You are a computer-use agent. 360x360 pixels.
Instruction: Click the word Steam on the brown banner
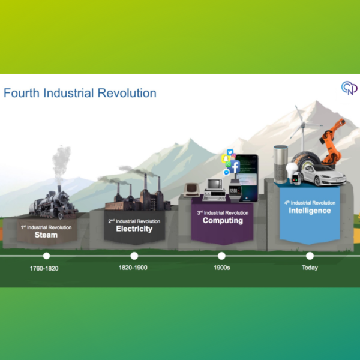pos(46,235)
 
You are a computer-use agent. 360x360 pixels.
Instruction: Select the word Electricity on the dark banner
pos(134,229)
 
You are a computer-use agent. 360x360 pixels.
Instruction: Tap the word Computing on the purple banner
pos(223,220)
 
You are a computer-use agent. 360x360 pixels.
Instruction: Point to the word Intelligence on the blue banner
pos(310,211)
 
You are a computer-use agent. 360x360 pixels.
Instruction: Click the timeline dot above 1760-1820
pos(46,256)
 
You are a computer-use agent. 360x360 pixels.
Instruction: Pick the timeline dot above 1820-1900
pos(134,256)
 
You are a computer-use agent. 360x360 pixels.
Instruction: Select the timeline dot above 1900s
pos(221,256)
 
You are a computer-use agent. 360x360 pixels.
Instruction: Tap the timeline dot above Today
pos(310,256)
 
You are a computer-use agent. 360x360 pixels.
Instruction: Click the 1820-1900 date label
pos(133,268)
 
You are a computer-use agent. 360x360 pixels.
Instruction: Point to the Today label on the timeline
pos(310,268)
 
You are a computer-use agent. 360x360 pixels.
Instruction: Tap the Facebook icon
pos(234,166)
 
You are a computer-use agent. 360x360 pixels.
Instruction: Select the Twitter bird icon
pos(230,152)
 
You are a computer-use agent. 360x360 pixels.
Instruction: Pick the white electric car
pos(323,175)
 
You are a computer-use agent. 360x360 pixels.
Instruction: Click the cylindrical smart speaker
pos(281,164)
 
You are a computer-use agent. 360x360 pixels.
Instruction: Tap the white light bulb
pos(291,169)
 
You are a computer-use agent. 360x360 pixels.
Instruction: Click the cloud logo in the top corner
pos(349,88)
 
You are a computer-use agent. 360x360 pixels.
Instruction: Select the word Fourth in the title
pos(22,93)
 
